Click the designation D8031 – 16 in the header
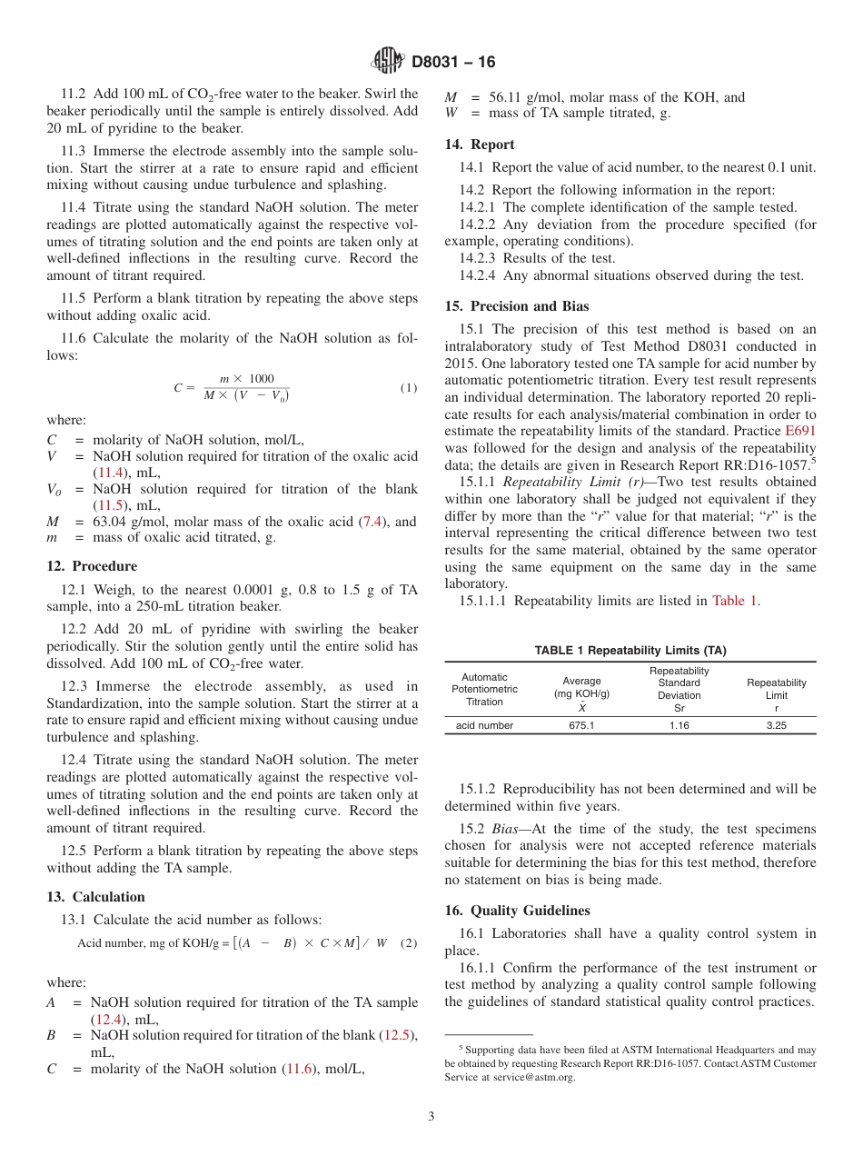[x=453, y=63]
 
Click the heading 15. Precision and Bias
[x=517, y=306]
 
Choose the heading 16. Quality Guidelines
[x=517, y=911]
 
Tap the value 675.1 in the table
[x=581, y=725]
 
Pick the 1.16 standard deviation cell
[x=679, y=725]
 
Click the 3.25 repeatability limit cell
[x=776, y=725]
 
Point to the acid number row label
[x=484, y=725]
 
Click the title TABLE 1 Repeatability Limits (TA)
[x=630, y=651]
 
